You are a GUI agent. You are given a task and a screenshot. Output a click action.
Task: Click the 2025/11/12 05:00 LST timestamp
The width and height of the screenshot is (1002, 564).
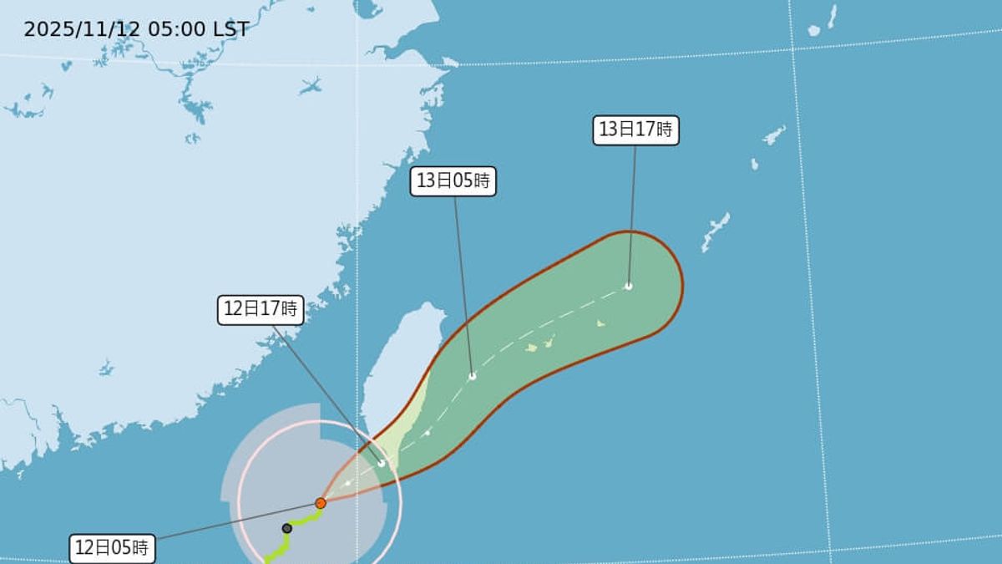(x=136, y=29)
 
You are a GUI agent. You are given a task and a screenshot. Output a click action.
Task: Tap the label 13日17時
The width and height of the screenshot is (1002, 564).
(x=635, y=130)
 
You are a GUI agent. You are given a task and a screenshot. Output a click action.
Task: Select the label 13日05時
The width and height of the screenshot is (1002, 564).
(x=453, y=181)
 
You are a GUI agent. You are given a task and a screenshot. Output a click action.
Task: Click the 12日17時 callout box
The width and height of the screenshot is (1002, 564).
(x=260, y=309)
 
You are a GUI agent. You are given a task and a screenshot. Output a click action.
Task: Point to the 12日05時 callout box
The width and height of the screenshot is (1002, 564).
(x=112, y=548)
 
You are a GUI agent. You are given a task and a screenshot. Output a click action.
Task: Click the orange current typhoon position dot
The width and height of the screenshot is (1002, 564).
(x=321, y=503)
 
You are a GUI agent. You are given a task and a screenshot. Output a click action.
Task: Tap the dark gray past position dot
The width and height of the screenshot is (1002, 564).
(x=287, y=528)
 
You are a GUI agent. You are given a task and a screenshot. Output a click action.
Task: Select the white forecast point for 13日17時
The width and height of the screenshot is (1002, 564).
(x=629, y=286)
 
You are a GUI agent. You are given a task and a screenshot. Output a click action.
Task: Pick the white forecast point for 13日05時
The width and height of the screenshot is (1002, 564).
(x=473, y=376)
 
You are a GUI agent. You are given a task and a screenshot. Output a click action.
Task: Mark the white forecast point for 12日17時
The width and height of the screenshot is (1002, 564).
(x=382, y=463)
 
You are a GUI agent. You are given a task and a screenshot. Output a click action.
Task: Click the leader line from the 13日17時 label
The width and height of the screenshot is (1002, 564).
(x=632, y=217)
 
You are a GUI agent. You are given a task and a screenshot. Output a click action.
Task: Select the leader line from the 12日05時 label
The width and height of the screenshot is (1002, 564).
(x=234, y=521)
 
